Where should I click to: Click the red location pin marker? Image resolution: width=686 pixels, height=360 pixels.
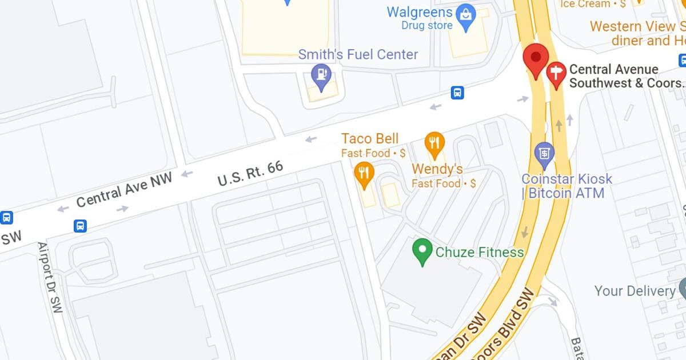[x=536, y=59]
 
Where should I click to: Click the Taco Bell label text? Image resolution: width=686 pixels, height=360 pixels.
[x=370, y=138]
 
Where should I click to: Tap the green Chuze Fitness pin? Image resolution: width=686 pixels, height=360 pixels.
[x=422, y=251]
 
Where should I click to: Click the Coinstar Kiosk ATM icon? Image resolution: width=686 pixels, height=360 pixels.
[x=544, y=153]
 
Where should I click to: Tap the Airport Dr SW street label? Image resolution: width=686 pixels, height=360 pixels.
[x=51, y=277]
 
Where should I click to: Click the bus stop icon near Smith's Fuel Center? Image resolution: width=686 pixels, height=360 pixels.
[x=457, y=93]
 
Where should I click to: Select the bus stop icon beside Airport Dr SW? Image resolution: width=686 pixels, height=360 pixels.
[x=81, y=226]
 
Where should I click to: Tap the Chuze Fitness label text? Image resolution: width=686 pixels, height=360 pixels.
[x=479, y=252]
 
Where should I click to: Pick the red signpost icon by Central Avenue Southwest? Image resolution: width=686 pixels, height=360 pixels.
[x=556, y=74]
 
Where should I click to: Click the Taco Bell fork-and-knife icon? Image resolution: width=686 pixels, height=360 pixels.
[x=364, y=174]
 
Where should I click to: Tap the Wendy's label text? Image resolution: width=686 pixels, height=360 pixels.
[x=437, y=169]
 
